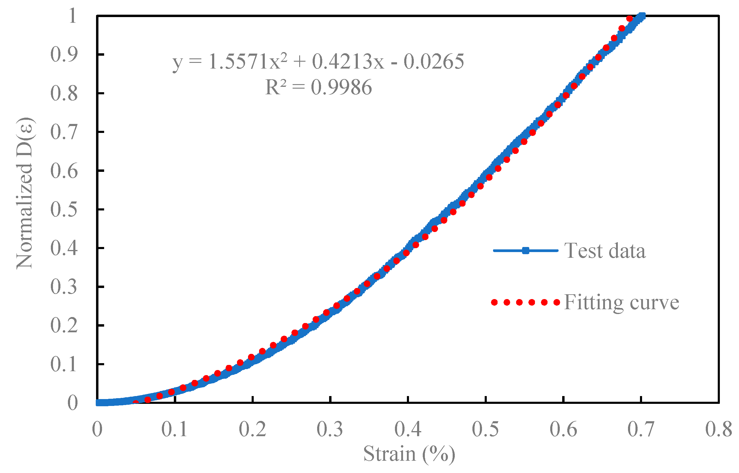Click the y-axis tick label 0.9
click(x=64, y=55)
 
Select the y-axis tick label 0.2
click(x=64, y=326)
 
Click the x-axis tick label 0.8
click(x=718, y=429)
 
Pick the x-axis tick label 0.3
click(x=330, y=429)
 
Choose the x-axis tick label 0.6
click(x=563, y=429)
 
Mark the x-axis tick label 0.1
click(x=174, y=429)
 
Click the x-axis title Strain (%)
click(x=409, y=454)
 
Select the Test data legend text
click(x=605, y=251)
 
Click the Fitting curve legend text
click(x=621, y=302)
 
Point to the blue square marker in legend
click(x=525, y=251)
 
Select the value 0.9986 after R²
click(x=341, y=87)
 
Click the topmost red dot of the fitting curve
click(x=629, y=19)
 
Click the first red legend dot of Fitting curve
click(x=494, y=303)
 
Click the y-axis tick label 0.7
click(x=64, y=132)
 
